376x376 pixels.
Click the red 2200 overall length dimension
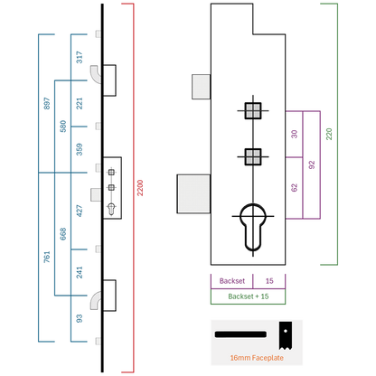(140, 188)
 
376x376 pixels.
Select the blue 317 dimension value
(80, 57)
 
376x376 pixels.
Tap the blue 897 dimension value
(47, 103)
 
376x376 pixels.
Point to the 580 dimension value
(63, 127)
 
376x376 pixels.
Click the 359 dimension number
(80, 149)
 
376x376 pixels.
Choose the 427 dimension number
(80, 211)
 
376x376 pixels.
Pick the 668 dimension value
(63, 234)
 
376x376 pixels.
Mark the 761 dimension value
(47, 257)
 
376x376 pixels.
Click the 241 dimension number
(80, 272)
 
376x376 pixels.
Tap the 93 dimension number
(80, 318)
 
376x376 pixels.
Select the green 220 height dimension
(329, 134)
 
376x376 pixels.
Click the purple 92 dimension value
(312, 164)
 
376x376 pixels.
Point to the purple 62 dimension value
(295, 188)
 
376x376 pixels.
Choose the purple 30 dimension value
(295, 134)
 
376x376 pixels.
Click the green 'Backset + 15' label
(249, 296)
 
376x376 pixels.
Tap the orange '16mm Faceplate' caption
(257, 358)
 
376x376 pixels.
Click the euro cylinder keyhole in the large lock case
(253, 227)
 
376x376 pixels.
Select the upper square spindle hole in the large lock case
(253, 110)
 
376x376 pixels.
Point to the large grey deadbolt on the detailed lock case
(193, 194)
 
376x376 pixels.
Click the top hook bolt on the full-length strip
(98, 74)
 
